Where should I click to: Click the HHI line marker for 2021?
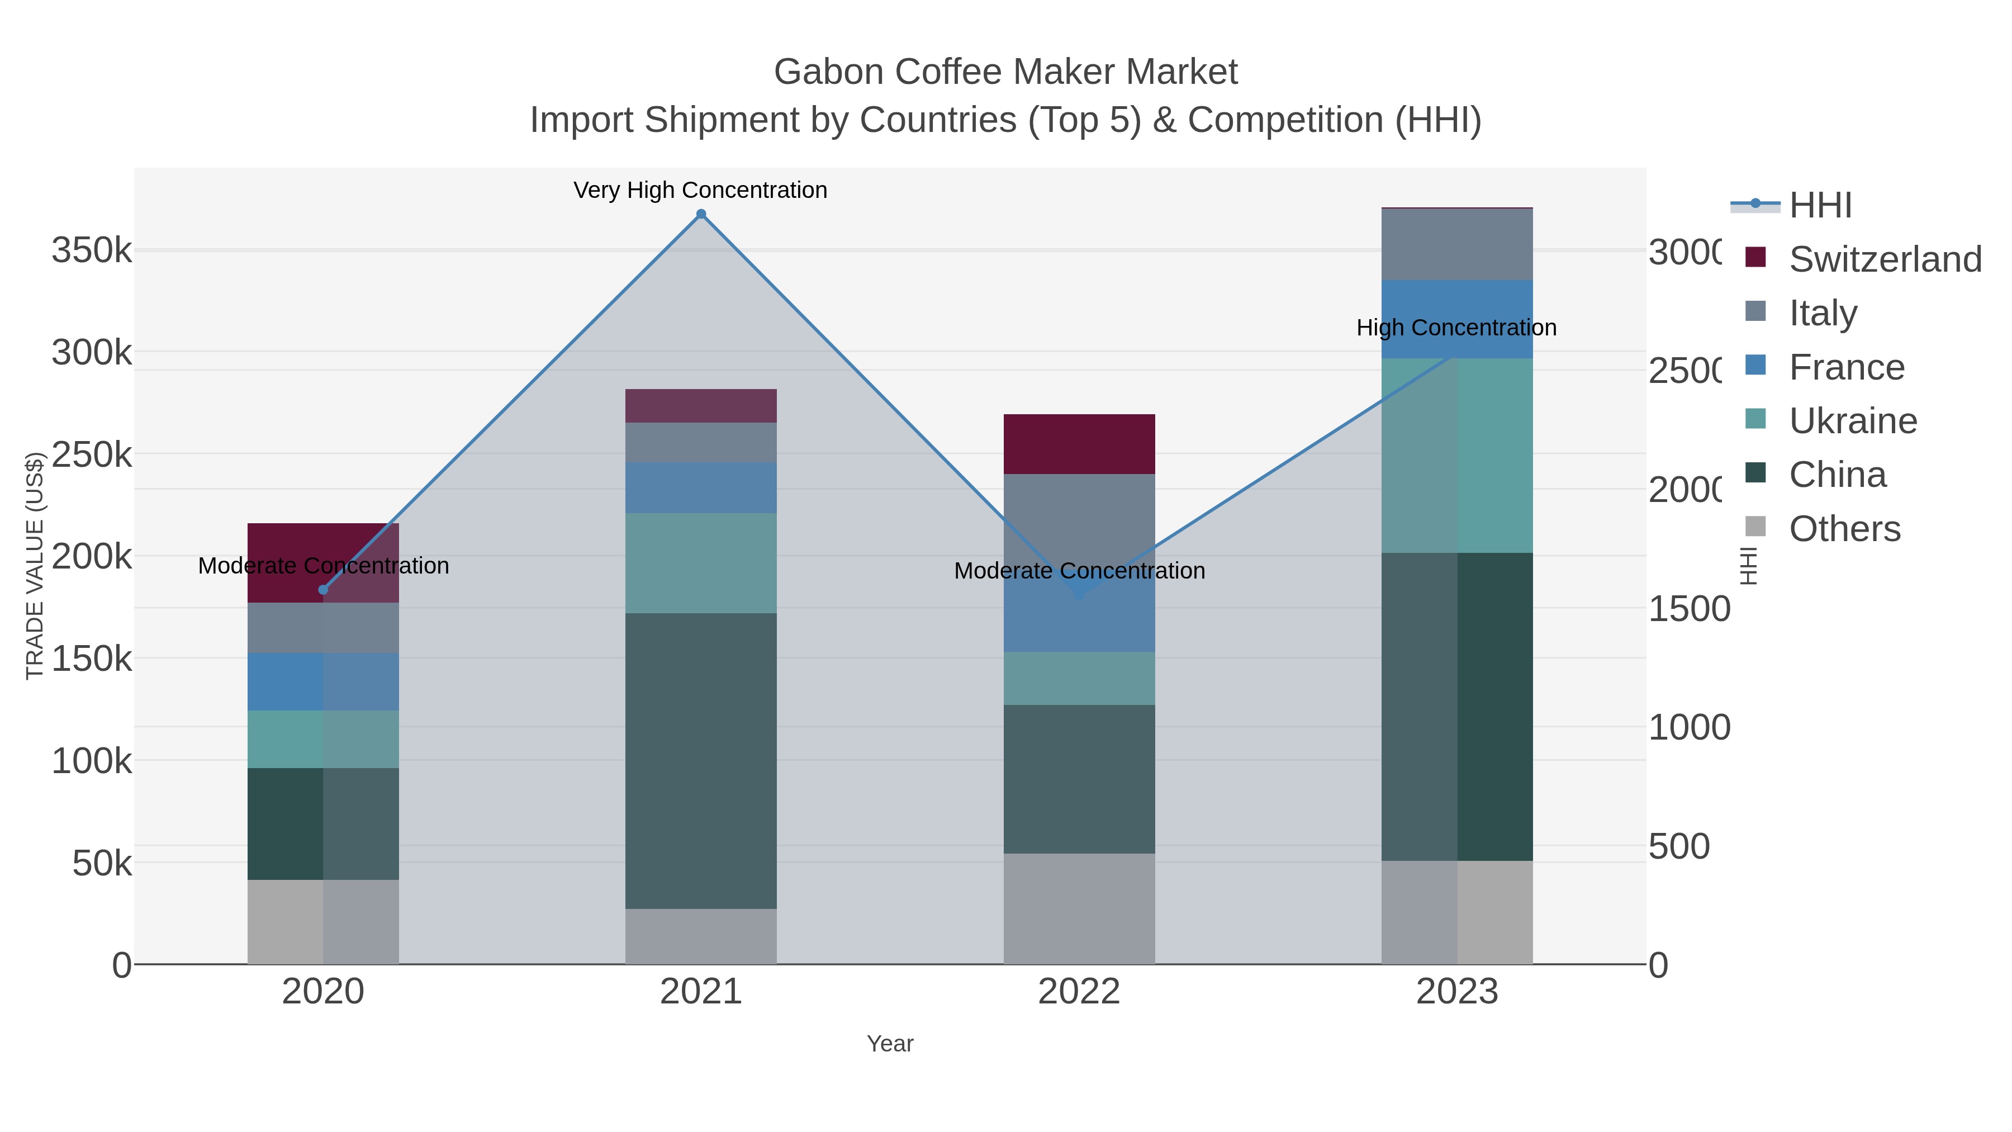point(701,214)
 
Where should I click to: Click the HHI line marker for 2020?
point(324,590)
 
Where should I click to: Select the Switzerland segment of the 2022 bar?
point(1079,444)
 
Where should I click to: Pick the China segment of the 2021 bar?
point(701,760)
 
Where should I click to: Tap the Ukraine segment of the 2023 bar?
point(1456,456)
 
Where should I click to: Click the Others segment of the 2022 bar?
point(1079,908)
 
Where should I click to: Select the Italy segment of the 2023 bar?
point(1456,244)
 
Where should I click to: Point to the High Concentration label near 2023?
point(1456,328)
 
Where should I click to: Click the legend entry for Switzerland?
point(1884,259)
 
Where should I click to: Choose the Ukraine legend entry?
point(1852,421)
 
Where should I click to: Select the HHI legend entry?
point(1820,206)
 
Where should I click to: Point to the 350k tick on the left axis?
point(92,251)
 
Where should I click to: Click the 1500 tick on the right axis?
point(1688,609)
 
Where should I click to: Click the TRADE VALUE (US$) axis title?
point(34,566)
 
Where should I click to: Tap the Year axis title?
point(890,1044)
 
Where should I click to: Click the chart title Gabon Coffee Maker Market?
point(1005,72)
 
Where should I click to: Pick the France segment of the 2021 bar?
point(701,487)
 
